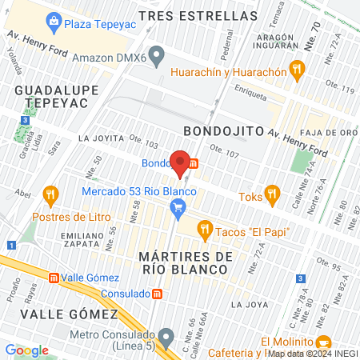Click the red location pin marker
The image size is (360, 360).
pos(181,163)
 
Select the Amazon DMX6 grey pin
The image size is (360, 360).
pos(157,57)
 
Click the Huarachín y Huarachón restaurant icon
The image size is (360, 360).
pos(298,70)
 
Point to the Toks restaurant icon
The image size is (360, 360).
pos(272,193)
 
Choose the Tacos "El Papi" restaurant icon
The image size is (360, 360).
pos(204,230)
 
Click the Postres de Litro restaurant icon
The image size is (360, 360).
pos(52,194)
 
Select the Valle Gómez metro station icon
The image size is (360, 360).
pos(54,278)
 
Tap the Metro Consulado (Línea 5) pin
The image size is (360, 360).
pos(165,335)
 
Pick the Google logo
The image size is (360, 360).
pos(26,350)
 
